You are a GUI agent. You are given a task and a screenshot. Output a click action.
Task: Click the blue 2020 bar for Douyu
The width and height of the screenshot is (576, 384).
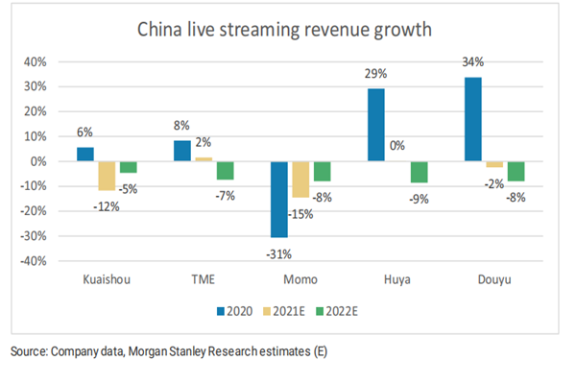click(x=472, y=119)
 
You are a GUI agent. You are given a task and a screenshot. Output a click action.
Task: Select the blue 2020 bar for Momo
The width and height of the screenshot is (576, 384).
click(x=278, y=199)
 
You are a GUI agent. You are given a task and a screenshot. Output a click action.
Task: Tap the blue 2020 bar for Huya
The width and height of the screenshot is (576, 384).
click(x=375, y=125)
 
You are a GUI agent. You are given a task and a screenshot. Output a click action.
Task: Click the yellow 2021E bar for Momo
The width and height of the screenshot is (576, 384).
click(x=300, y=180)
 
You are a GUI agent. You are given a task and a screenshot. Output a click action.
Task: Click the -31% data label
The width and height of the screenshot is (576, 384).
click(x=277, y=252)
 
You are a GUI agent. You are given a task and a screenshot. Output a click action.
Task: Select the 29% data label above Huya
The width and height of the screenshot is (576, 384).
click(x=375, y=75)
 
